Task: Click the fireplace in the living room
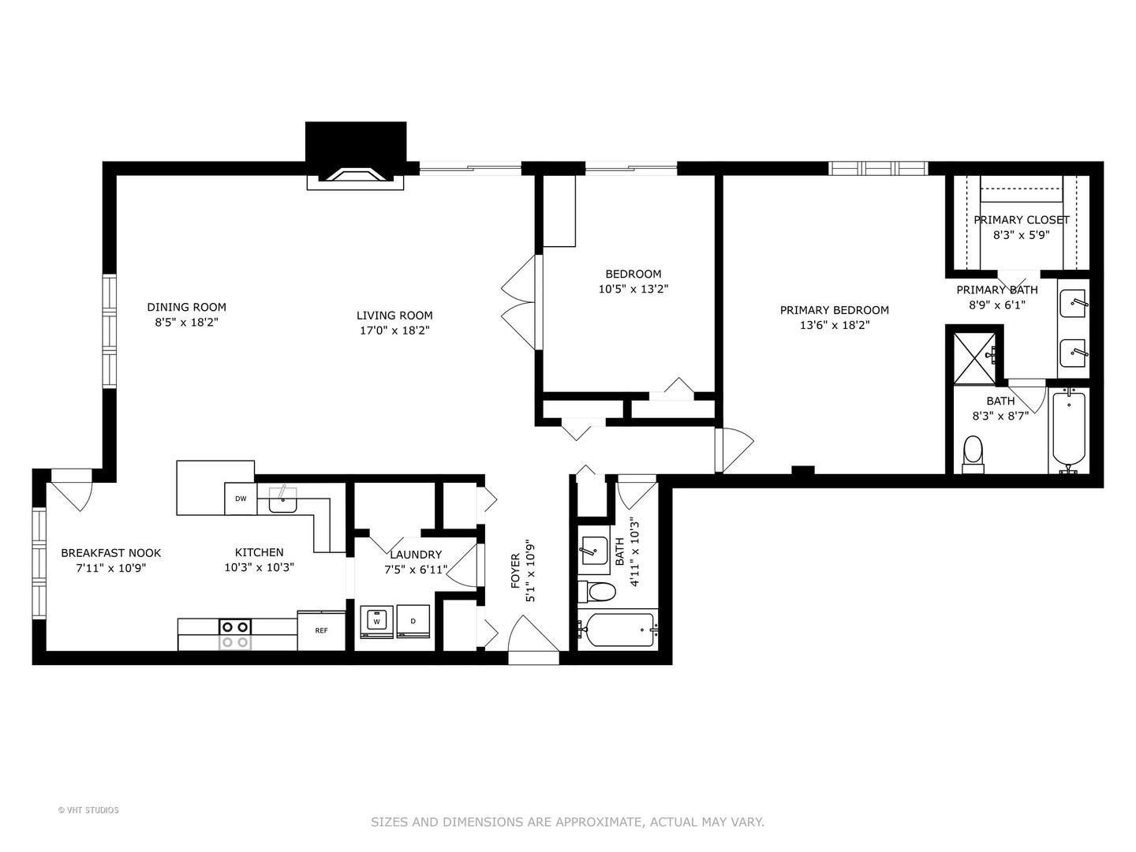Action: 355,156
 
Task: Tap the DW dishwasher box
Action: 241,499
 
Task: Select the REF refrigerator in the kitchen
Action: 321,630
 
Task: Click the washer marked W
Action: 377,622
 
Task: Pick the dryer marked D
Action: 413,622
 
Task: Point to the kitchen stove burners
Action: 235,634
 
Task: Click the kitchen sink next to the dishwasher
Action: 282,499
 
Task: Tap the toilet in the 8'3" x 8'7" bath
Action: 973,454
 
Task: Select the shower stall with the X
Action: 974,358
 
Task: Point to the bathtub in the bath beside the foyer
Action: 618,630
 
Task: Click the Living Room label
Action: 394,315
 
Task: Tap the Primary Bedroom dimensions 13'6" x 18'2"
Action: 835,325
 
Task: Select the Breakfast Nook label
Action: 110,553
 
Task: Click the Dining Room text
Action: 186,307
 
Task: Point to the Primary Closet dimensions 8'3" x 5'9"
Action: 1021,235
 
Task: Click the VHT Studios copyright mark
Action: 88,810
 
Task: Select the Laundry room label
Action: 416,555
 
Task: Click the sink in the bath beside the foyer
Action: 593,551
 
